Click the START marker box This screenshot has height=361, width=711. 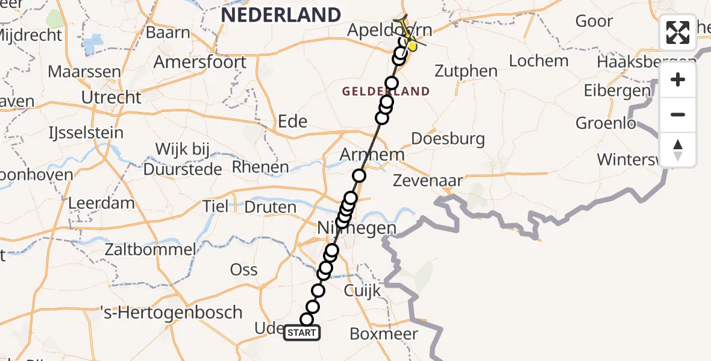[x=302, y=333]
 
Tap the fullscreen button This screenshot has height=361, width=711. [x=678, y=32]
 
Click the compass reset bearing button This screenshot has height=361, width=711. [x=678, y=150]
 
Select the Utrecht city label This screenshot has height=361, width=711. [x=111, y=97]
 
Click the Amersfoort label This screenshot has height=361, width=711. [x=200, y=62]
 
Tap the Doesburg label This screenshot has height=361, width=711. [x=448, y=139]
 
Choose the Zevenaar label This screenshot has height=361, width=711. [x=428, y=180]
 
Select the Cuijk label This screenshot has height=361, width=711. [x=362, y=291]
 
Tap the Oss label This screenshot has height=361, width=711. [x=243, y=270]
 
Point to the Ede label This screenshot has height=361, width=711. [x=292, y=122]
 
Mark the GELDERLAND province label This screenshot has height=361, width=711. [x=386, y=91]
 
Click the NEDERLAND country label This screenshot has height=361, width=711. [x=281, y=14]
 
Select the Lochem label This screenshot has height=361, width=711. [x=539, y=61]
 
